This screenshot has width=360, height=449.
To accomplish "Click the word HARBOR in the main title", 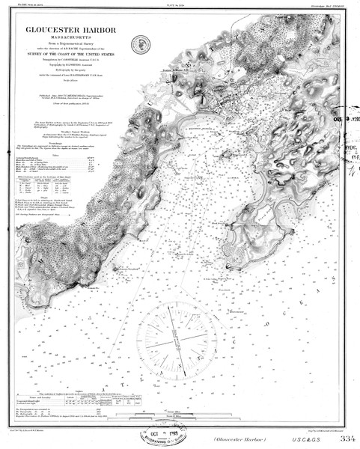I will (98, 30).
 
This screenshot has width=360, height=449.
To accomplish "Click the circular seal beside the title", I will (137, 43).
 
